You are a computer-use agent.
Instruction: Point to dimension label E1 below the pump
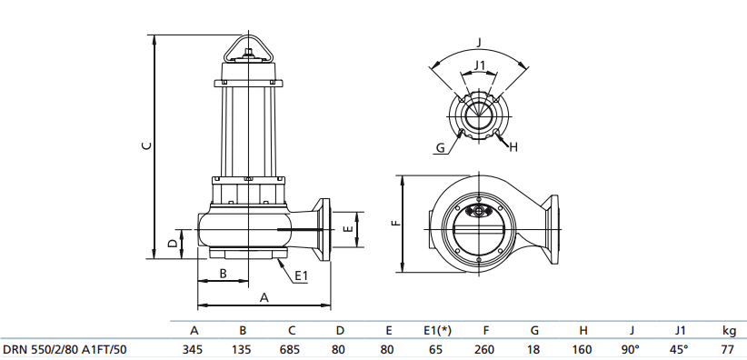point(302,275)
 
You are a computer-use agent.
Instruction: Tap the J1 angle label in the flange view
point(479,65)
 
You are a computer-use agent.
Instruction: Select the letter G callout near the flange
point(441,148)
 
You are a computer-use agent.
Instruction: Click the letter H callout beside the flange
point(513,148)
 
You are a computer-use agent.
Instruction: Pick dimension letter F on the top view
point(396,223)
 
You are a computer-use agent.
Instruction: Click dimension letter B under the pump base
point(223,274)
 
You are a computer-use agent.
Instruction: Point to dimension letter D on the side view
point(174,243)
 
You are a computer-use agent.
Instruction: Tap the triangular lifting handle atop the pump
point(248,48)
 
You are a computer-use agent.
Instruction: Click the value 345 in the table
point(193,349)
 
